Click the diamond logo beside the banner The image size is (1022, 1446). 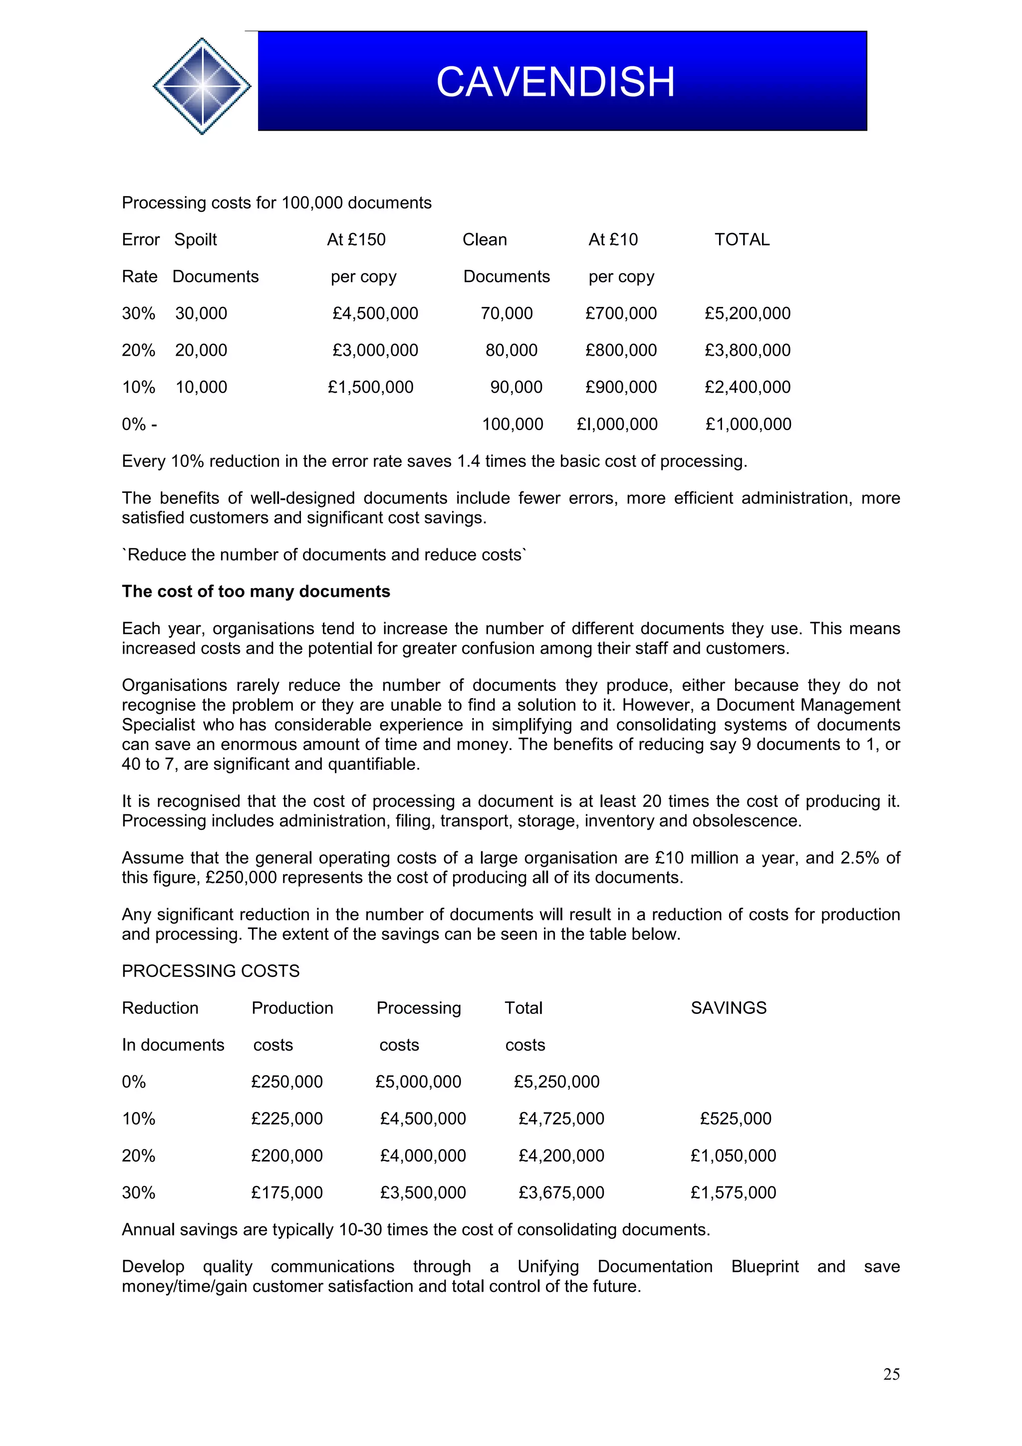(x=202, y=86)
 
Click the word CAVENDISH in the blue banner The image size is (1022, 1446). (x=555, y=82)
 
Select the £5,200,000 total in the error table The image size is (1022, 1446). (x=747, y=313)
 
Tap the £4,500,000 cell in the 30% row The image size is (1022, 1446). (x=375, y=313)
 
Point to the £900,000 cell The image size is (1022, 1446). (x=620, y=387)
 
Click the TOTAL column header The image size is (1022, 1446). (x=741, y=240)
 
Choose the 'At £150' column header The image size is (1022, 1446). (x=356, y=240)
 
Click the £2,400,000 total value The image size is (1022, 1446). (x=747, y=387)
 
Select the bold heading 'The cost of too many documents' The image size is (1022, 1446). (x=255, y=591)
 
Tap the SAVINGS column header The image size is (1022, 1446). (x=728, y=1008)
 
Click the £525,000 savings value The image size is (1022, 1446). (x=735, y=1119)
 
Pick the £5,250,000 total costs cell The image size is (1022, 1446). (x=556, y=1081)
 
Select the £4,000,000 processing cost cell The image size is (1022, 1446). (x=423, y=1156)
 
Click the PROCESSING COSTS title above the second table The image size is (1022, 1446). (x=210, y=970)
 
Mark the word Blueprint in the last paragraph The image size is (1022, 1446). (x=765, y=1266)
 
